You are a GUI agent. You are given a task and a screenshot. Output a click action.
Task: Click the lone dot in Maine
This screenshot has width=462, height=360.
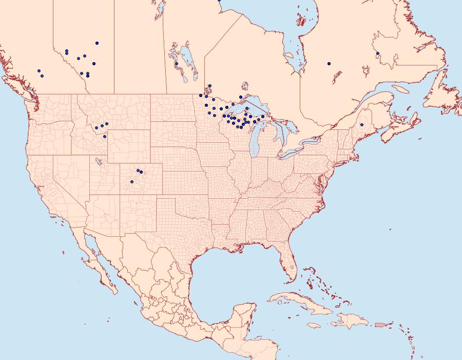point(362,125)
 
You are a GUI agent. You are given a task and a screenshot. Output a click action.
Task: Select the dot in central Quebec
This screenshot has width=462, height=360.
point(329,64)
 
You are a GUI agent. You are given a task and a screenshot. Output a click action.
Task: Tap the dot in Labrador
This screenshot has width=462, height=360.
point(377,53)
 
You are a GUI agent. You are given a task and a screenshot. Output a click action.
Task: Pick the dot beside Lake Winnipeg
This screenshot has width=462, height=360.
point(176,64)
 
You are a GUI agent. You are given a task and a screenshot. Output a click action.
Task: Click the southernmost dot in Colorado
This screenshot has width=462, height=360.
point(132,182)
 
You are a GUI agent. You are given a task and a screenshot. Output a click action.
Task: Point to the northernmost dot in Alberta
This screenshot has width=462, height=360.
point(97,43)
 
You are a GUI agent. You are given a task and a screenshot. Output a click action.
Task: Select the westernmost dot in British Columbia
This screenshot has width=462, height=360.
point(38,71)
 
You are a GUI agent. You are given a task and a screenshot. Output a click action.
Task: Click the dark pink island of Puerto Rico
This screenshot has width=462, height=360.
point(380,325)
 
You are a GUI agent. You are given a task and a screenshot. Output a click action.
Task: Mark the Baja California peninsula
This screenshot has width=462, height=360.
point(98,262)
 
